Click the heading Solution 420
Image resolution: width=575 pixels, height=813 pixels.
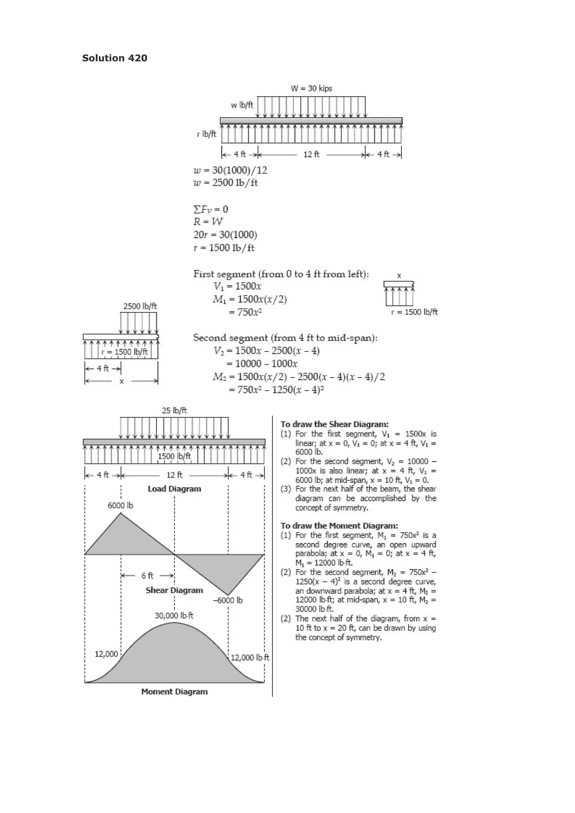point(115,58)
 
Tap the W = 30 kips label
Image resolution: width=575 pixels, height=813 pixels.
point(311,88)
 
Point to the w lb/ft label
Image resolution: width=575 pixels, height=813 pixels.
point(242,105)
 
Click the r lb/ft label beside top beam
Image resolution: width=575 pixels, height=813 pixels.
point(207,134)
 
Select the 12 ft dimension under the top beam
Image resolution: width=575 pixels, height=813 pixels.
point(311,154)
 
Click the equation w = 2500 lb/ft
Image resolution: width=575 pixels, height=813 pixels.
point(226,183)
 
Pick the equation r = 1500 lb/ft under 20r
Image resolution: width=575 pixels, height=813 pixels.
point(224,248)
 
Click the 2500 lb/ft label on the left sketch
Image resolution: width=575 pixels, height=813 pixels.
point(140,306)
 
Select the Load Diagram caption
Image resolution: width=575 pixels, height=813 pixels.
point(174,489)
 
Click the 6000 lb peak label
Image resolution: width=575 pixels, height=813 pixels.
point(120,505)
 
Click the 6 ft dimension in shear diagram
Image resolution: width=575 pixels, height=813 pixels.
point(147,576)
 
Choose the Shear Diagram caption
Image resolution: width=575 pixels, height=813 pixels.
point(174,590)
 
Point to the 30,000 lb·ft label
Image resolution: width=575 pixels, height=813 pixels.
point(174,615)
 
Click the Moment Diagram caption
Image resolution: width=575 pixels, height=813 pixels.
point(174,691)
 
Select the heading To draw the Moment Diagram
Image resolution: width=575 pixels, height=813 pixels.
point(339,526)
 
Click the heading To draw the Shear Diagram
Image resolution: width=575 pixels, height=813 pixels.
point(334,424)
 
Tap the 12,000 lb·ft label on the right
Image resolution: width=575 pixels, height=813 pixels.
point(250,658)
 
